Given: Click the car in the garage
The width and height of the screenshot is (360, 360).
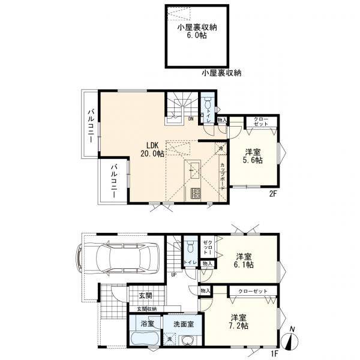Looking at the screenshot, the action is click(118, 258).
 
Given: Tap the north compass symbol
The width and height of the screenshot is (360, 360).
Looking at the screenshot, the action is click(290, 340).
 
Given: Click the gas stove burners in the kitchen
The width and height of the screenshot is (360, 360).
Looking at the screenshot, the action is click(196, 194).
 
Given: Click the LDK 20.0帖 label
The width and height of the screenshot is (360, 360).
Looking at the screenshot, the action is click(152, 149).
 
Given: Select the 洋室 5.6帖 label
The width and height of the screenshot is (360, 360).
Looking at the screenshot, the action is click(253, 156).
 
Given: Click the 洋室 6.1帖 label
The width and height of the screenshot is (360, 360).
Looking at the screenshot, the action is click(244, 260).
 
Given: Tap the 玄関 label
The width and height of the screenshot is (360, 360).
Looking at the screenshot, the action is click(145, 296).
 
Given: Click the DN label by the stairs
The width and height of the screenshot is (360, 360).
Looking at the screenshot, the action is click(191, 119).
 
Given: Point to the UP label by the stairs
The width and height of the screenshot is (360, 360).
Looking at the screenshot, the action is click(173, 274).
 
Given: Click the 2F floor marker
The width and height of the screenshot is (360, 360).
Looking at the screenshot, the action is click(273, 194).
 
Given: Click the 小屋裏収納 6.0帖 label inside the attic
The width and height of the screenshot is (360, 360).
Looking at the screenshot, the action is click(197, 31).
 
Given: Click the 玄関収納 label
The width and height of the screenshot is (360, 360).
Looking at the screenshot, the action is click(147, 309).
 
